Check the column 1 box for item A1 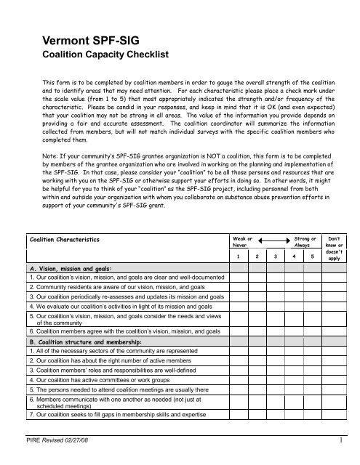pos(238,278)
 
